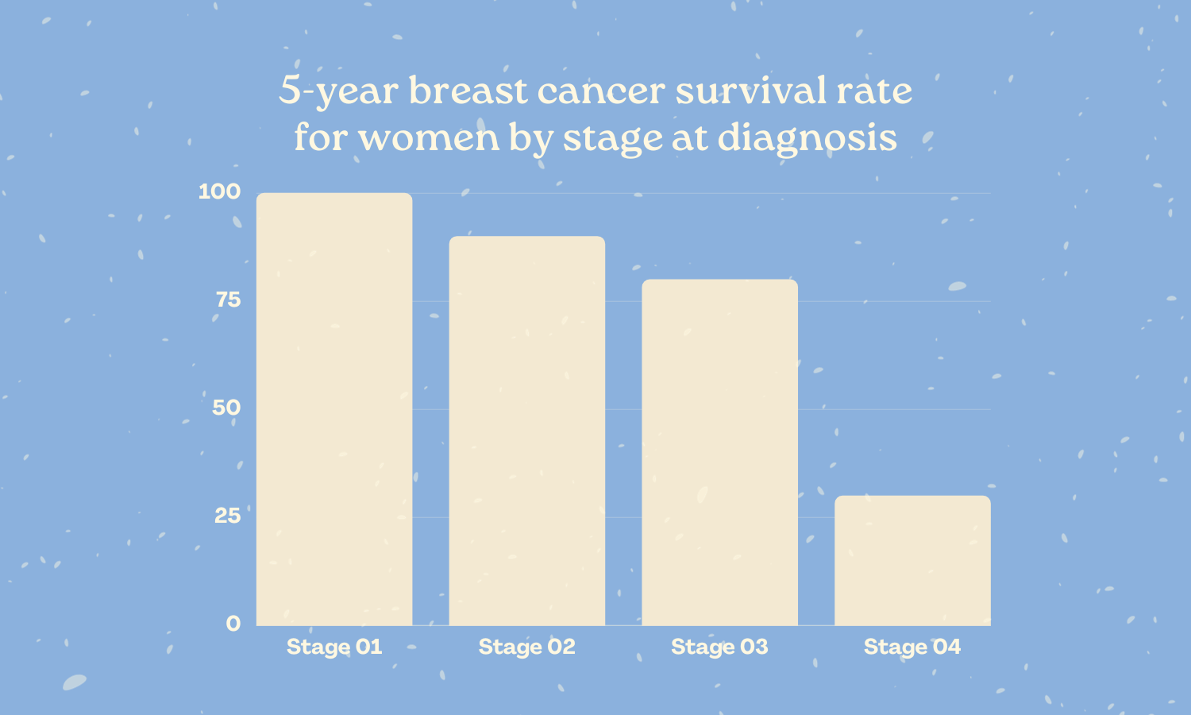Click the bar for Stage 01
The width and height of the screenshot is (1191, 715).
tap(334, 409)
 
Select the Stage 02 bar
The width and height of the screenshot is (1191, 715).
tap(527, 431)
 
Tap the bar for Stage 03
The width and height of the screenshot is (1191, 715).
tap(719, 452)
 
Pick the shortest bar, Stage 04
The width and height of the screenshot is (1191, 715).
tap(912, 561)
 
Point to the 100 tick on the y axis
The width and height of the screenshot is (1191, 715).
tap(219, 191)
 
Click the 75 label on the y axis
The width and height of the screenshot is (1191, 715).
tap(228, 300)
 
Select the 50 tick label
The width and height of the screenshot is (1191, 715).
tap(226, 408)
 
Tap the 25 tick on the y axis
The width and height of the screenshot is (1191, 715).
tap(227, 516)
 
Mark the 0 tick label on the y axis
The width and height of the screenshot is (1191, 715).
tap(233, 624)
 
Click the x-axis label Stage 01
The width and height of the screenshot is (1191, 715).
tap(334, 647)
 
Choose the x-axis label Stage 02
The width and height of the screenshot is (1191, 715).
tap(527, 647)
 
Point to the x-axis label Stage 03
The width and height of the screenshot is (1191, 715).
tap(719, 647)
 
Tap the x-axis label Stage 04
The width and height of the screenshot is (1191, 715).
tap(912, 647)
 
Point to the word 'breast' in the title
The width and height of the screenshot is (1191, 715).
tap(468, 91)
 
